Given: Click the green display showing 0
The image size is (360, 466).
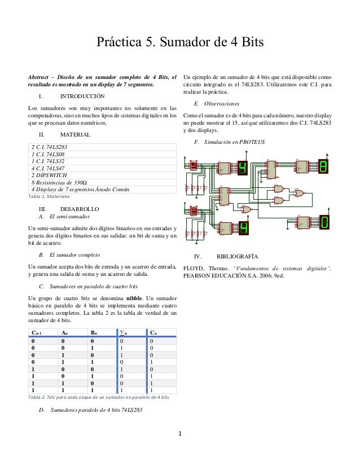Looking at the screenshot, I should click(324, 223).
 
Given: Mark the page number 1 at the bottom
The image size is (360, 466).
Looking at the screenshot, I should click(179, 434).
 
